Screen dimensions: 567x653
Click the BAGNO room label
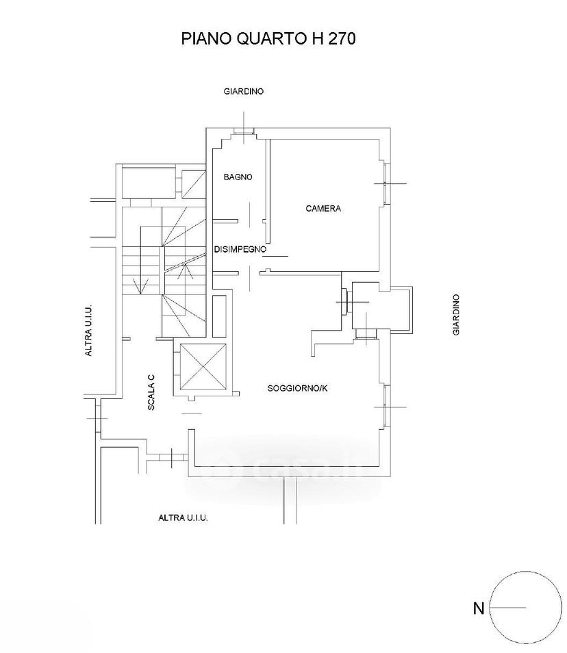[x=238, y=177]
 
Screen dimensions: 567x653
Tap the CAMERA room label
[x=323, y=208]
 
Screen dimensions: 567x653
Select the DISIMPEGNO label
[x=240, y=249]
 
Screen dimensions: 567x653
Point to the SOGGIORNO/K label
[x=297, y=388]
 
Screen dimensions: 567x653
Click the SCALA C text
[x=151, y=392]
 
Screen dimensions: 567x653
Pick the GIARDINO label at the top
[x=244, y=91]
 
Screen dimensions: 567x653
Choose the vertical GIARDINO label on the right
[x=456, y=314]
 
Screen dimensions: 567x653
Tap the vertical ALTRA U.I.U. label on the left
[x=88, y=331]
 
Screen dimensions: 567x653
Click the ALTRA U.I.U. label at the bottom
[x=183, y=517]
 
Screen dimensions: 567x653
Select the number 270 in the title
[x=342, y=39]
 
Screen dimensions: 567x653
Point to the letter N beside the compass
[x=479, y=609]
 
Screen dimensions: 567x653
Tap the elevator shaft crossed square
[x=201, y=368]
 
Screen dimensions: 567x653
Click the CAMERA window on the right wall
[x=387, y=183]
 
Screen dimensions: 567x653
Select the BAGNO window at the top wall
[x=244, y=131]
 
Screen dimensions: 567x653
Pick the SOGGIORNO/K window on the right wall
[x=387, y=407]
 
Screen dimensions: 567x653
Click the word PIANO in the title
[x=207, y=39]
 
